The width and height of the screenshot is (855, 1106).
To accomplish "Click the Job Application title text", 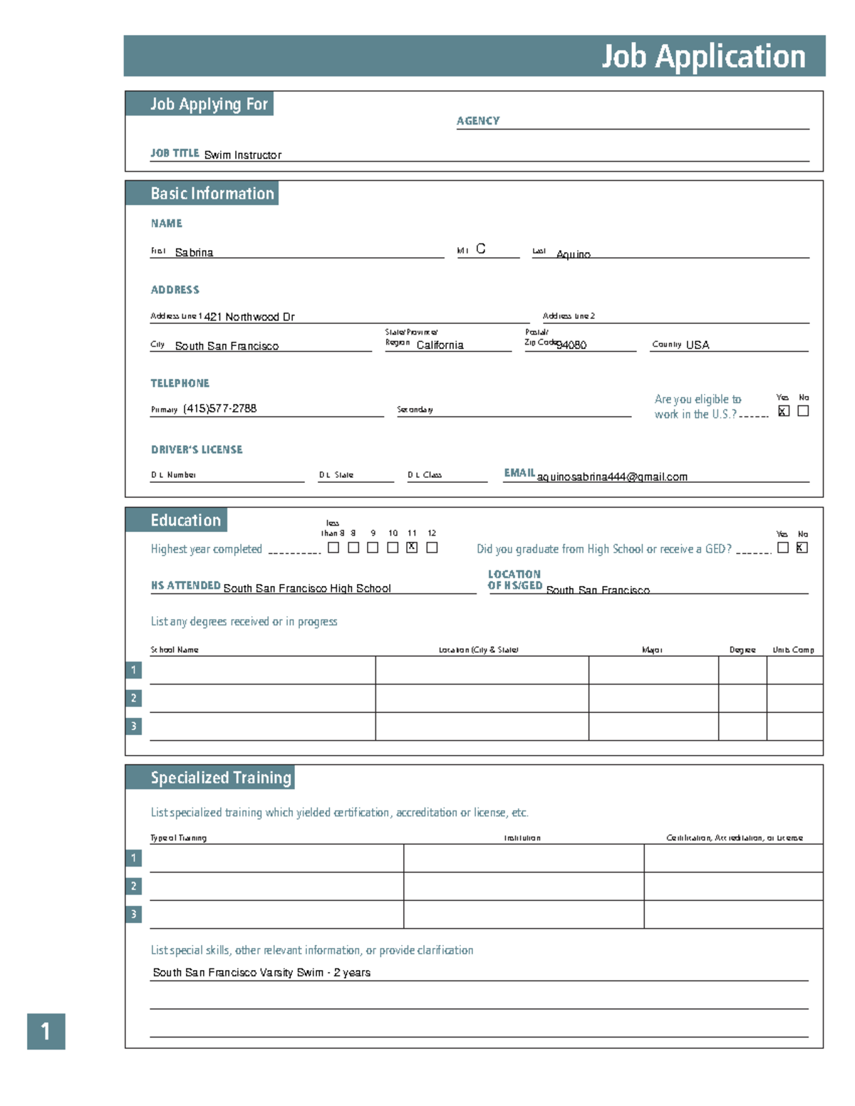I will pos(703,56).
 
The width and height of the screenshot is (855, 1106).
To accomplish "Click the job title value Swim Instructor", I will pos(242,155).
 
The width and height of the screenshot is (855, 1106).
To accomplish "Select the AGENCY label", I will pos(478,121).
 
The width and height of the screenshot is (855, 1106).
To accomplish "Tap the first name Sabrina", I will pos(194,253).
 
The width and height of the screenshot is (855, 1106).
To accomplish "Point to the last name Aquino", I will pos(573,254).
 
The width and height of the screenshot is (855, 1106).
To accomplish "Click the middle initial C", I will pos(481,249).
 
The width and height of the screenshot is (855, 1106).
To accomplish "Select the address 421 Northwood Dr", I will pos(249,317).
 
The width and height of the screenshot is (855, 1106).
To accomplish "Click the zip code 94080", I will pos(571,345).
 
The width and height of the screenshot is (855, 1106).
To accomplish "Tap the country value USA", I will pos(698,345).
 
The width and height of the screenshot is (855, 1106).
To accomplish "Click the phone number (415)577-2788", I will pos(219,409).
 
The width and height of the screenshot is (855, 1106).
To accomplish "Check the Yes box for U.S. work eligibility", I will pos(784,411).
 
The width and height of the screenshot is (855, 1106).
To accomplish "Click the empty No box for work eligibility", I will pos(803,411).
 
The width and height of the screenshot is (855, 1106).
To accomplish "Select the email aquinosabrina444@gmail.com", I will pos(612,477).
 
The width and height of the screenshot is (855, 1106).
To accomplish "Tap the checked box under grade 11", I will pos(412,548).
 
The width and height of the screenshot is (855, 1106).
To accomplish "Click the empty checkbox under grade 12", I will pos(432,548).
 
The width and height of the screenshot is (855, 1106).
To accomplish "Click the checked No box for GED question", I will pos(802,548).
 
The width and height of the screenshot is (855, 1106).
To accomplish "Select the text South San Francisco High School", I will pos(306,588).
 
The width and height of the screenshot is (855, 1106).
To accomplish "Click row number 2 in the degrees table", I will pos(133,698).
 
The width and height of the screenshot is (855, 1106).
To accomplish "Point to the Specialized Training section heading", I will pos(221,778).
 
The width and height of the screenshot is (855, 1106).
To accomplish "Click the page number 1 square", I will pos(46,1031).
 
